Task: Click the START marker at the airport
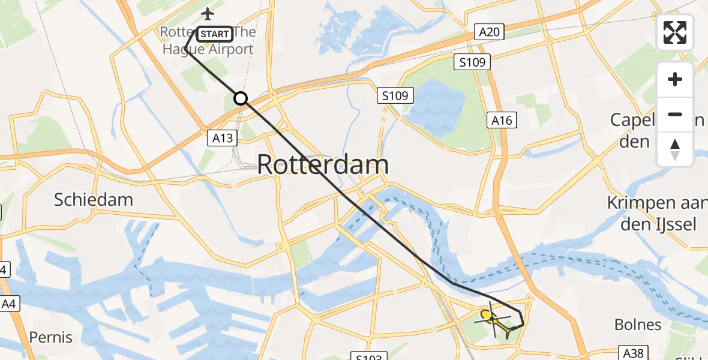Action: coord(214,34)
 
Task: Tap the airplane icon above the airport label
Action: coord(208,13)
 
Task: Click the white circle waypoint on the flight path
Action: coord(241,98)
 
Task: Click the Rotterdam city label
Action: coord(323,165)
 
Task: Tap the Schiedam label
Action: coord(94,200)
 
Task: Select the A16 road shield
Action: coord(502,121)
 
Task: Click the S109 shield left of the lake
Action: coord(396,95)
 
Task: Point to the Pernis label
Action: coord(51,337)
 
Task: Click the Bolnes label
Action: coord(638,325)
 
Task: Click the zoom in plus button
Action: coord(675,79)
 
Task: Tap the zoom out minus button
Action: coord(675,114)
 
